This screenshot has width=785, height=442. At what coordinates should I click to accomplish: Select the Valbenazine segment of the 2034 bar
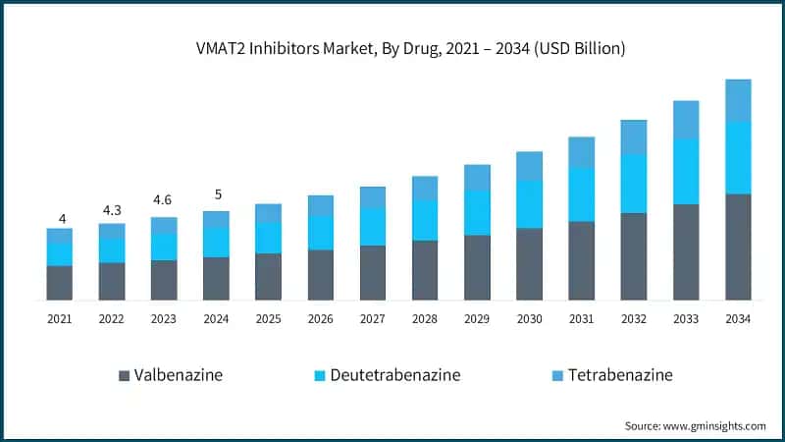point(738,247)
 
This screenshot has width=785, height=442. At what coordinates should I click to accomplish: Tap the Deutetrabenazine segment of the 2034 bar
point(738,157)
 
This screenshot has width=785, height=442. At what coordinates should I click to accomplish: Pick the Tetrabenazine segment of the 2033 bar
point(686,119)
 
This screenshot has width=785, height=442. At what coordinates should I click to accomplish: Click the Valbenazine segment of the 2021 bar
point(60,282)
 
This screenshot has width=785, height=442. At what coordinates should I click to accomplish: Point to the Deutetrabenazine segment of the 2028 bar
point(425,220)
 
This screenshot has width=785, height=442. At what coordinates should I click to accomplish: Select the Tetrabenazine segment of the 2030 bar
point(530,166)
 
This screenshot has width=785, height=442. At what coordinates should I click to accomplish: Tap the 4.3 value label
point(112,210)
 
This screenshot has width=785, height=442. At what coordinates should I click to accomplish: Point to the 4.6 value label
point(164,200)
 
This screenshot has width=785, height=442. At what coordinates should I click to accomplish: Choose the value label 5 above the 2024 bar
point(216,193)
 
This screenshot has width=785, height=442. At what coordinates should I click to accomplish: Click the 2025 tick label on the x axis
point(268,319)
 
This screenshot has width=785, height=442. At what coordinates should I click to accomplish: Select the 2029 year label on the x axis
point(477,319)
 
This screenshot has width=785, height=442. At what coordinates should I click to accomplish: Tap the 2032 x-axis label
point(634,319)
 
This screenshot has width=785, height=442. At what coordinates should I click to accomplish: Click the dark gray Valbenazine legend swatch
point(124,375)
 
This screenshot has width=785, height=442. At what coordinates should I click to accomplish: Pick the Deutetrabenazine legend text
point(394,375)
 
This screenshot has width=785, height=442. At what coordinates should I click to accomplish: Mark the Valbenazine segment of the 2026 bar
point(321,274)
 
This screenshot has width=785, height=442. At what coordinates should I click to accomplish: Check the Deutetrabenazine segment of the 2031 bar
point(582,193)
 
